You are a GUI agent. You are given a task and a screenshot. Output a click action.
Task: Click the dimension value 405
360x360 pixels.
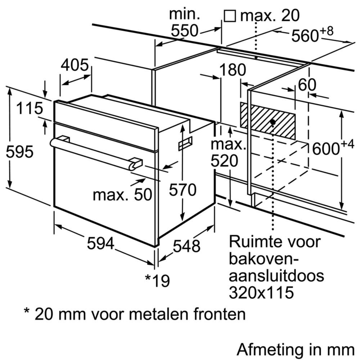(75, 65)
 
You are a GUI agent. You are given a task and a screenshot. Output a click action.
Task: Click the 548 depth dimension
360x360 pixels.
(186, 247)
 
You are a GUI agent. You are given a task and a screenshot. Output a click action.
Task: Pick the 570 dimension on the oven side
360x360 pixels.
(183, 190)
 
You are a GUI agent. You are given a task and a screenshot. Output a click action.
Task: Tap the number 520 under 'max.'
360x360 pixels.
(224, 161)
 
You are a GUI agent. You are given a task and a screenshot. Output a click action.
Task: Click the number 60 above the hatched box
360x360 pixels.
(307, 85)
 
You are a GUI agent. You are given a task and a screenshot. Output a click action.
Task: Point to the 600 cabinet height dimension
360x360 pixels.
(325, 148)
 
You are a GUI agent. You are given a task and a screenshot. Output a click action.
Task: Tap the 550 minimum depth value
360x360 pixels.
(184, 31)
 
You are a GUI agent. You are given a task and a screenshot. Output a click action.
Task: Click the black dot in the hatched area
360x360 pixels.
(273, 122)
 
